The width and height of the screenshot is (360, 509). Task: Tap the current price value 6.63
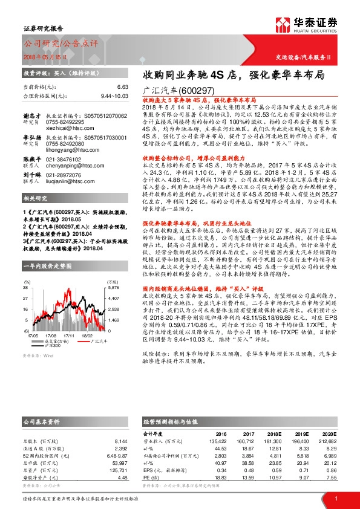pos(122,87)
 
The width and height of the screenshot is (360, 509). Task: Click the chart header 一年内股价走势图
pos(42,265)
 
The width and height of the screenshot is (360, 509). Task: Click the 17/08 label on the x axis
pos(50,337)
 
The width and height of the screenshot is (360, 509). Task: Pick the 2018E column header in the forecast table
pos(277,433)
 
